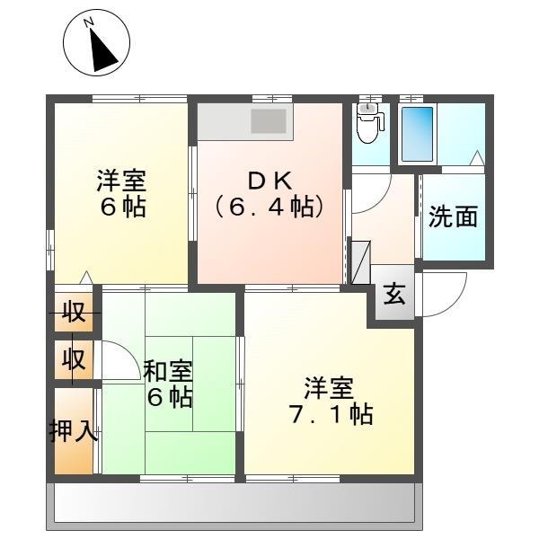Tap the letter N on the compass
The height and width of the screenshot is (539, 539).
coord(89,22)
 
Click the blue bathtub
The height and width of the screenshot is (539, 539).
coord(417,134)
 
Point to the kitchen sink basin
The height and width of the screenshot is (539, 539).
coord(269,121)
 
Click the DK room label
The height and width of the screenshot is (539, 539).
coord(270,181)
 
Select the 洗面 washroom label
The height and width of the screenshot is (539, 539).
coord(453,216)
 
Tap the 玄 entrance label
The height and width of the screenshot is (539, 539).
coord(394,294)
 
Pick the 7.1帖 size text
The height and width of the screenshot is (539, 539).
coord(331,414)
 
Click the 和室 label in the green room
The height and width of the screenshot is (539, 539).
coord(168,371)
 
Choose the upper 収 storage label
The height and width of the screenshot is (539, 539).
coord(74,312)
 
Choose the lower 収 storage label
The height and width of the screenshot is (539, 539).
coord(74,359)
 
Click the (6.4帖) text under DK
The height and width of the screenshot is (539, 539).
coord(270,207)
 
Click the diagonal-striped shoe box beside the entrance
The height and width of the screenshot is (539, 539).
coord(360,262)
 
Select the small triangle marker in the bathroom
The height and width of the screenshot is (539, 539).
coord(477,158)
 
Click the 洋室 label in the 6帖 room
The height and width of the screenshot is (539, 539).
coord(121,181)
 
